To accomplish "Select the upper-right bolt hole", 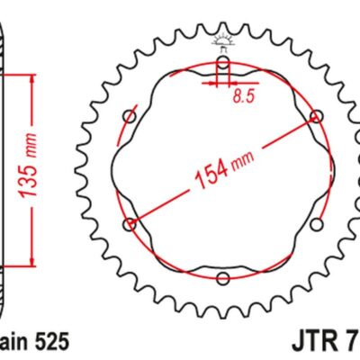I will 316,117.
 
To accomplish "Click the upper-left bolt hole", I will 130,117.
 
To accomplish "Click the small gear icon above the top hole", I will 222,41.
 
